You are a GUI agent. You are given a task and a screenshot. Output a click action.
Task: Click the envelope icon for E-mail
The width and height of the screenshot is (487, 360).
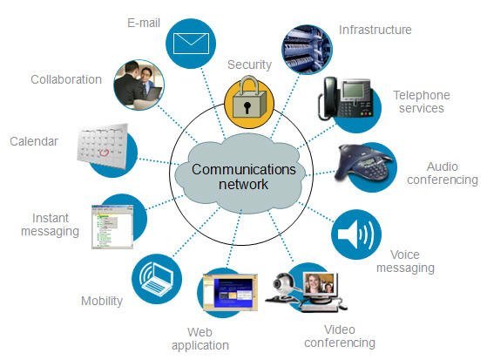click(x=191, y=44)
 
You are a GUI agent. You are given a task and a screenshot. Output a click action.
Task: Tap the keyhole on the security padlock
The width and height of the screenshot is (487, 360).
click(x=247, y=107)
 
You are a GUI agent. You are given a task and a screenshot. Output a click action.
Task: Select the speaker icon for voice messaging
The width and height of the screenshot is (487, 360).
click(x=356, y=234)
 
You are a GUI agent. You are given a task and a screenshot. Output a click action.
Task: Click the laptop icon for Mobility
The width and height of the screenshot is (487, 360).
click(x=156, y=279)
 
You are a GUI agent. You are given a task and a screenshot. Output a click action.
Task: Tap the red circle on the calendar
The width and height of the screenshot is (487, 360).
click(x=104, y=153)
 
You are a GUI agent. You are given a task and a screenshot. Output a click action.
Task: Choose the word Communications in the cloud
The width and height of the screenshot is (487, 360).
click(x=244, y=169)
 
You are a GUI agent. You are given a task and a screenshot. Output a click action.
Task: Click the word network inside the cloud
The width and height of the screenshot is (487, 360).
click(x=243, y=184)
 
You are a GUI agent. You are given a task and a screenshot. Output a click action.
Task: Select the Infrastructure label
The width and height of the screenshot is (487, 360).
click(x=375, y=30)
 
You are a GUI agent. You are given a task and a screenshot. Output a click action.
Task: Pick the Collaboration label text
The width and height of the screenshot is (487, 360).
click(x=66, y=79)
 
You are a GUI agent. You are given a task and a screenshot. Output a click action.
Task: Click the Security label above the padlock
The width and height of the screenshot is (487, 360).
click(x=249, y=65)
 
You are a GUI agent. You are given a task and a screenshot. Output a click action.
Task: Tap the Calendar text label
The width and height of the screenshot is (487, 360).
click(x=34, y=141)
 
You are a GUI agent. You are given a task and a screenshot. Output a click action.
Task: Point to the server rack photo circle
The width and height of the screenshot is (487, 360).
click(x=307, y=50)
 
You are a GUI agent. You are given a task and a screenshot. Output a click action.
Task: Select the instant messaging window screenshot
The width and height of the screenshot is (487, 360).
click(x=112, y=227)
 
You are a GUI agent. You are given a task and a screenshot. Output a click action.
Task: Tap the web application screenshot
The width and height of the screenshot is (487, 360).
click(x=230, y=292)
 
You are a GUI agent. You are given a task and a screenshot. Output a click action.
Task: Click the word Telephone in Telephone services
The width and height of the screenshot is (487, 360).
click(x=422, y=95)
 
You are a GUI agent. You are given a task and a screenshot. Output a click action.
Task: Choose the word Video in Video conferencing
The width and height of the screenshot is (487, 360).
click(x=340, y=329)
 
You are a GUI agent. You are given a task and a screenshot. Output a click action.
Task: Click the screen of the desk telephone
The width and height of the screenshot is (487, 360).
click(x=354, y=90)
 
